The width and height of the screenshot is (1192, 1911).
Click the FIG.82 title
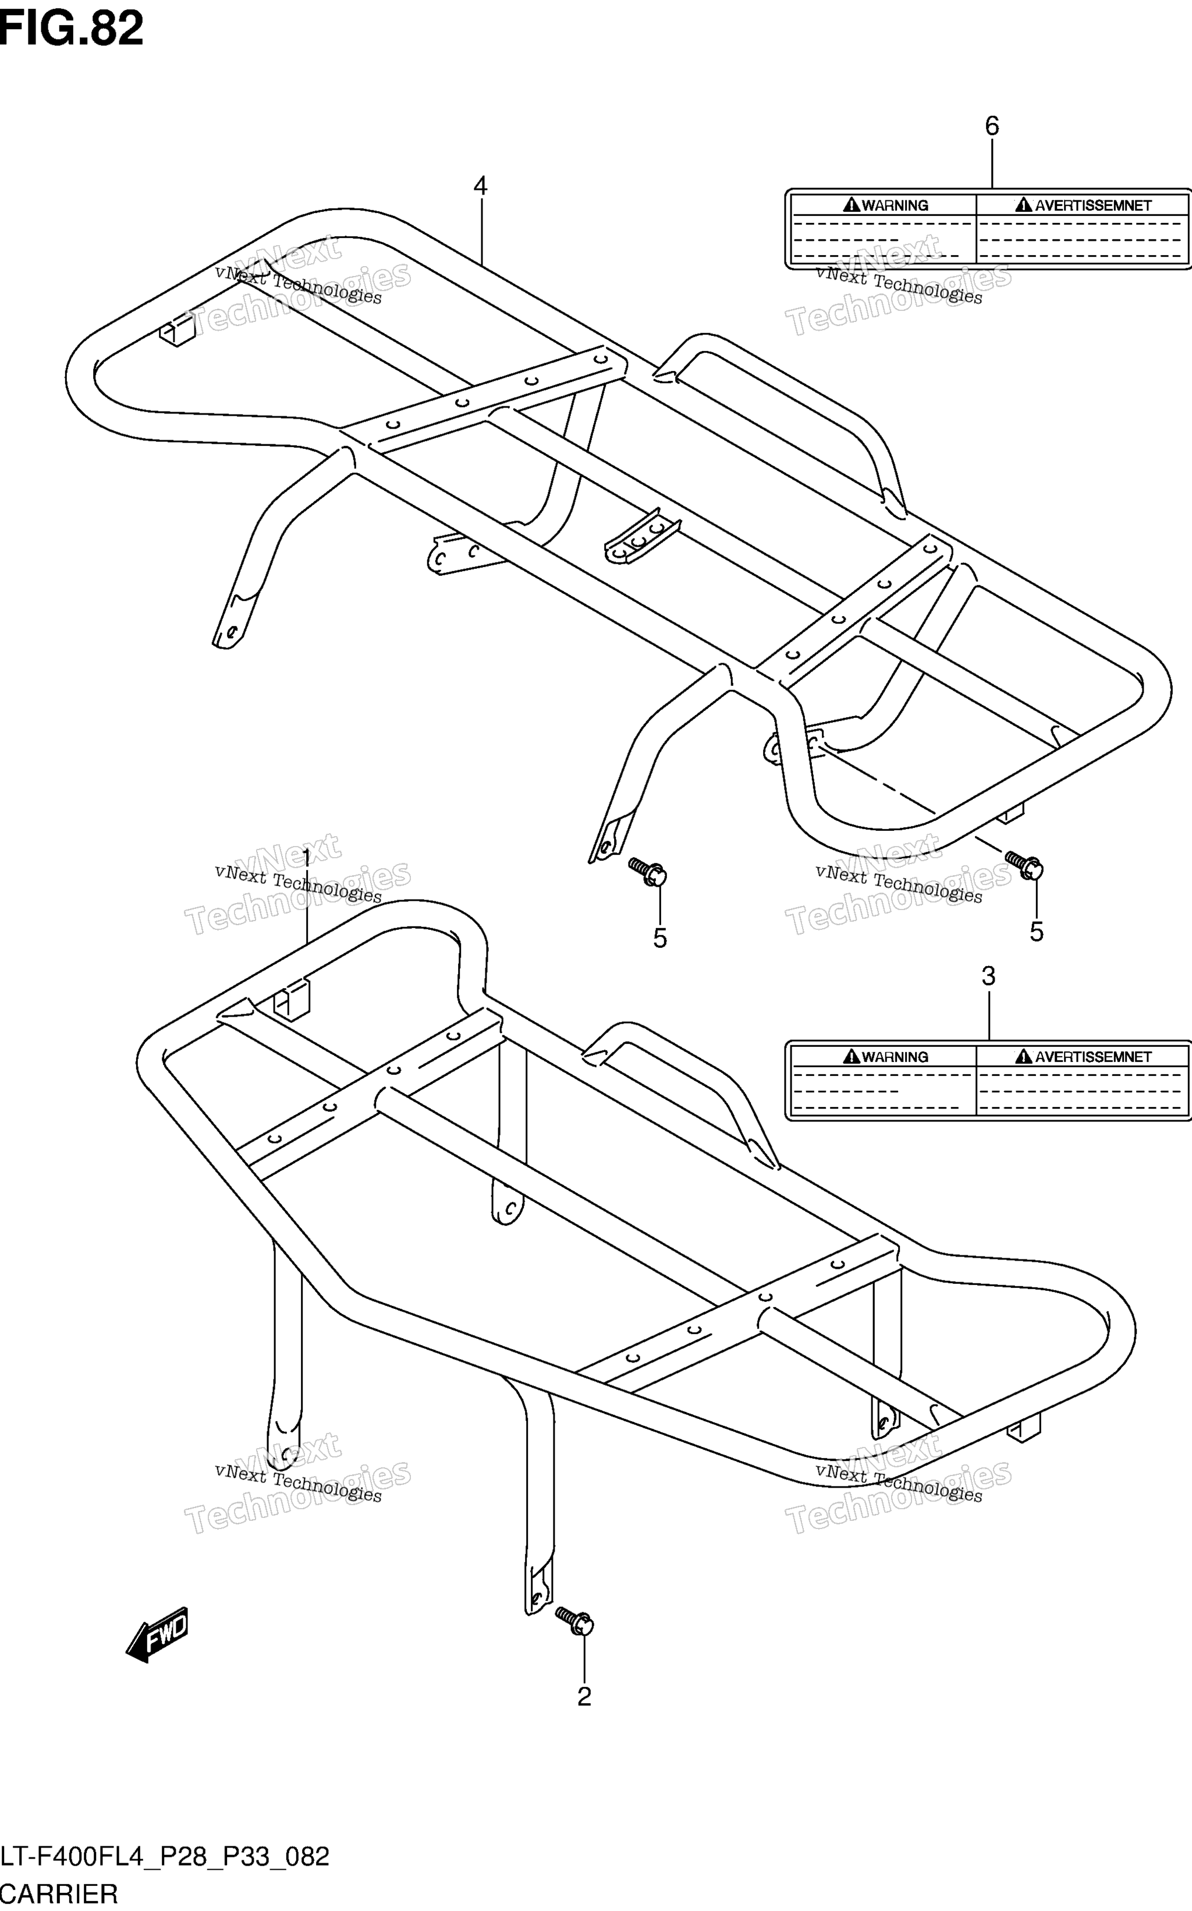point(72,29)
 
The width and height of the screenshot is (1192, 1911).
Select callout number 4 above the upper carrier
point(480,186)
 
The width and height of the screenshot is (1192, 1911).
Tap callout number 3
point(989,976)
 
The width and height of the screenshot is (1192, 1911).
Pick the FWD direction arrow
point(157,1634)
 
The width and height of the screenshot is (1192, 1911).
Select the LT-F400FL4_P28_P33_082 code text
point(165,1857)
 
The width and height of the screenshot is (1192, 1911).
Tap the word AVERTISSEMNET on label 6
point(1094,206)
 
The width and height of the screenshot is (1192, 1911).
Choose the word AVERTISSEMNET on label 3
point(1094,1057)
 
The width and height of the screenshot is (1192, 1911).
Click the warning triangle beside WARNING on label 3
point(852,1056)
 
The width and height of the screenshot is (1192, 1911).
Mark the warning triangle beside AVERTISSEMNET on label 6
point(1023,205)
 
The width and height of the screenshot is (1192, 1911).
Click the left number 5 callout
point(660,938)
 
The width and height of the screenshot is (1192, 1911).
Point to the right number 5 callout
point(1037,932)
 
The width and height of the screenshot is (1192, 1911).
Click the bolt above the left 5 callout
point(647,872)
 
